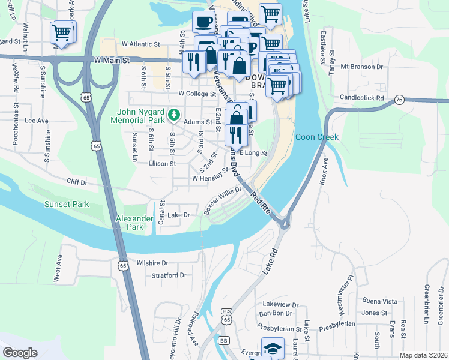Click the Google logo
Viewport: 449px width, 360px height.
20,353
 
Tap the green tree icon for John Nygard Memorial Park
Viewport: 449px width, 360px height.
173,113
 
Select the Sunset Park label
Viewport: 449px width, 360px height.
67,205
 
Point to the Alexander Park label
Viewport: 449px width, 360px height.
130,223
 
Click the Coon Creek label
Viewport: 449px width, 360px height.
317,137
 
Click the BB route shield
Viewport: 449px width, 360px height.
224,340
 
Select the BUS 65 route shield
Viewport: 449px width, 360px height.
226,317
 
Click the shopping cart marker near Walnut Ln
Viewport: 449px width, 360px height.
62,32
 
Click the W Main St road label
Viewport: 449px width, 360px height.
112,61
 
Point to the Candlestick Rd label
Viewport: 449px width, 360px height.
361,97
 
